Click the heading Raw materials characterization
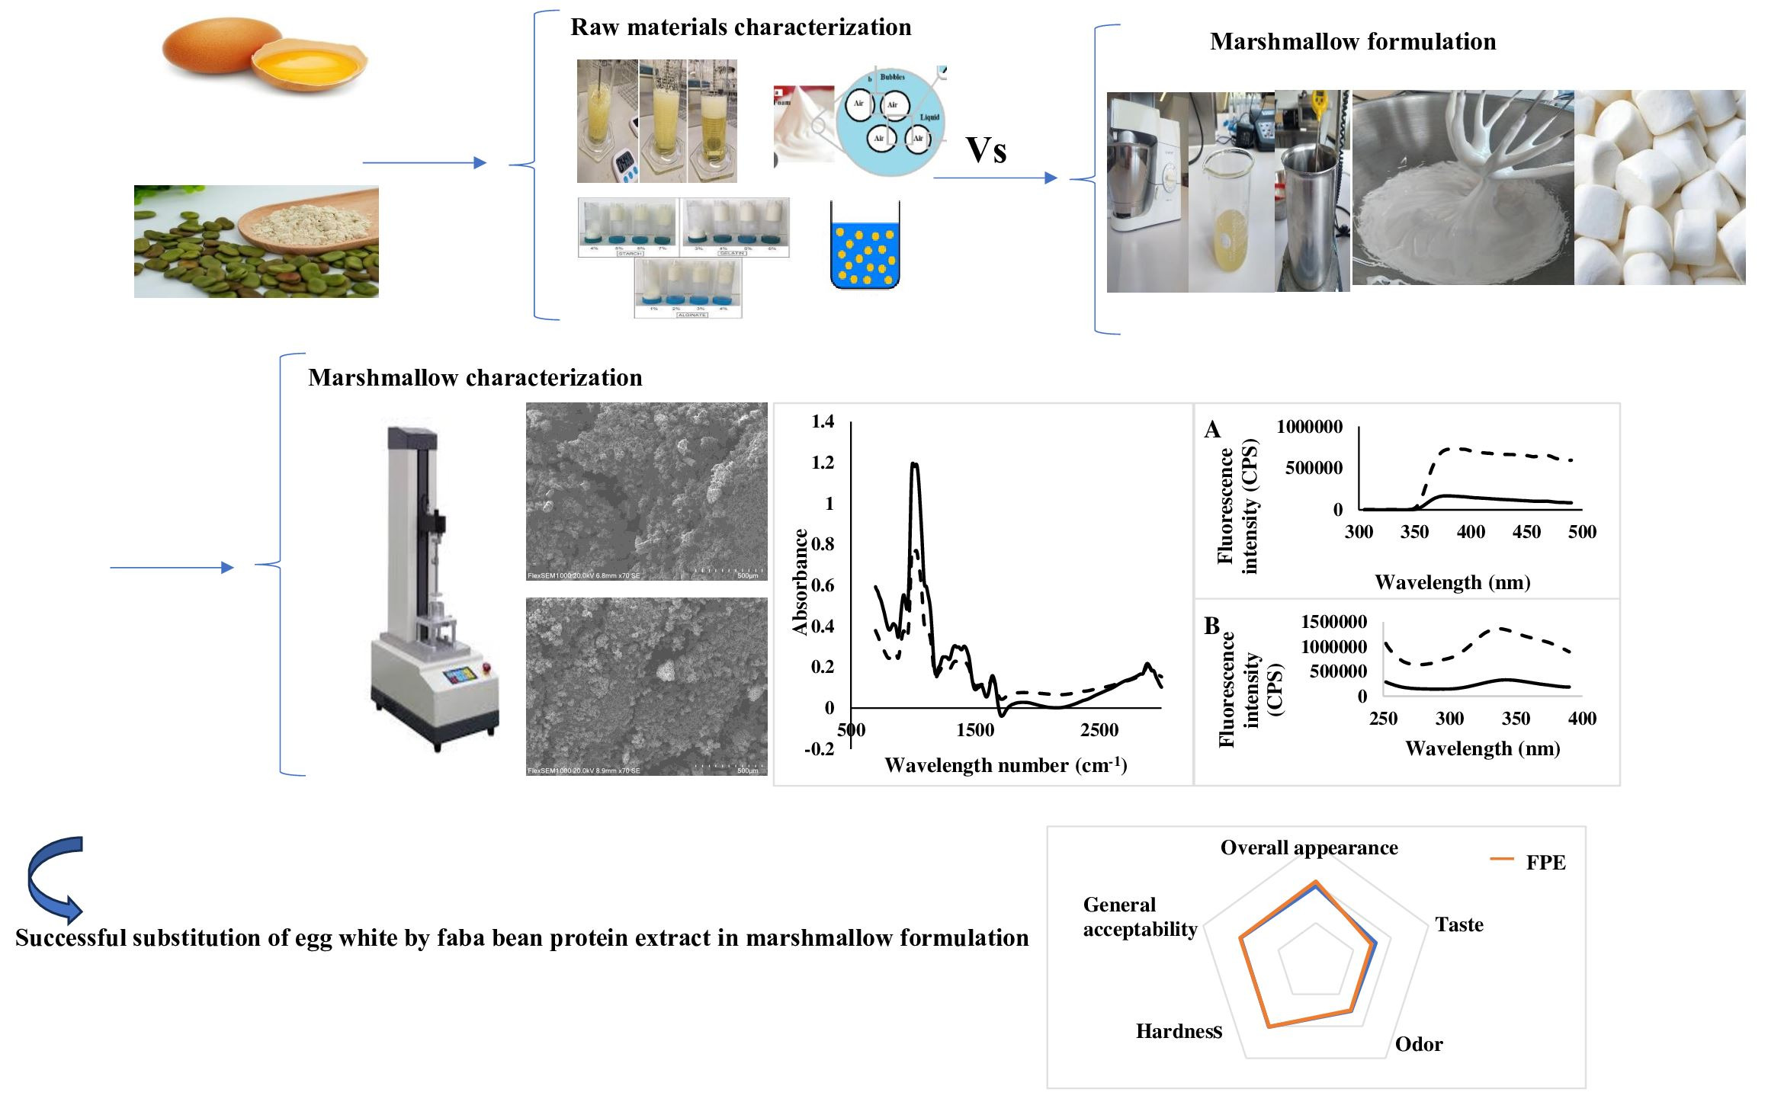click(740, 27)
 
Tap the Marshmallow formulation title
click(1352, 42)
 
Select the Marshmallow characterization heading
click(475, 378)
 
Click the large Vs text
click(986, 150)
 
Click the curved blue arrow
click(53, 880)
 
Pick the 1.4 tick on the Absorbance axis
click(823, 421)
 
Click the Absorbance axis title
click(800, 581)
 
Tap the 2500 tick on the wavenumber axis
click(1099, 730)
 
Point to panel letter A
click(1212, 431)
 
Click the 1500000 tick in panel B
click(1333, 622)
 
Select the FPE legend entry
click(1545, 863)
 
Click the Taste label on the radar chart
click(1458, 925)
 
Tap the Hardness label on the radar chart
click(1179, 1032)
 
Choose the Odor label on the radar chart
click(1418, 1044)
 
